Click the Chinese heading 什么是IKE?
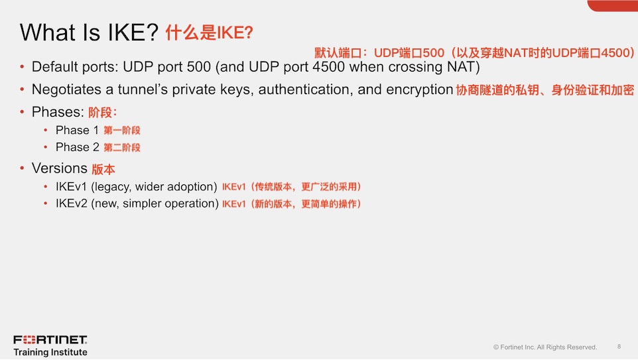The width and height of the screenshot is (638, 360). click(x=209, y=32)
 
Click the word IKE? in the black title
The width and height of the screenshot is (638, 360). click(x=133, y=32)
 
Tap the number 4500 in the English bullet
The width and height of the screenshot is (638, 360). click(x=329, y=67)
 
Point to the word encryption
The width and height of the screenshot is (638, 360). click(x=420, y=90)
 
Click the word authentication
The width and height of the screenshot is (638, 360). click(x=306, y=90)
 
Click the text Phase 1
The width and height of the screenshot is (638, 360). click(x=78, y=130)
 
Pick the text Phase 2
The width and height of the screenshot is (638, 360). click(x=78, y=147)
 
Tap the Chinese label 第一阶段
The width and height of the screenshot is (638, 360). click(x=122, y=131)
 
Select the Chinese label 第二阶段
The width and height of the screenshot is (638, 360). click(x=122, y=148)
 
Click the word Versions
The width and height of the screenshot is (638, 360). click(x=60, y=168)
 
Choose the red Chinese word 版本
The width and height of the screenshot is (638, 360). click(x=103, y=169)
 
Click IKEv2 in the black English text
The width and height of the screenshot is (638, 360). click(x=72, y=204)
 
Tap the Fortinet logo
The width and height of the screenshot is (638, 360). click(x=50, y=339)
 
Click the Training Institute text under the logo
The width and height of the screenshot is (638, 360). click(x=50, y=352)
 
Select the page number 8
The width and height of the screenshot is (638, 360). click(x=619, y=347)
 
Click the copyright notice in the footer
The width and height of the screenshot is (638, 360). click(x=545, y=347)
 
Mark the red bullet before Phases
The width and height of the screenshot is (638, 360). click(x=22, y=112)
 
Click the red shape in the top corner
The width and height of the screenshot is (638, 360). click(x=612, y=5)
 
